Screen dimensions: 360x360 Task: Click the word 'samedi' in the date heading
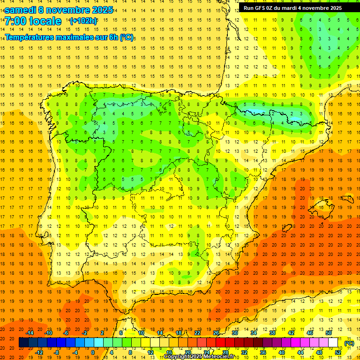pyautogui.click(x=20, y=9)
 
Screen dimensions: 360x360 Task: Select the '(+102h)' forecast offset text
pyautogui.click(x=83, y=21)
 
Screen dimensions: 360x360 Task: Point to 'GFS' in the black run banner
pyautogui.click(x=261, y=8)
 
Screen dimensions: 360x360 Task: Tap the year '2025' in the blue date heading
pyautogui.click(x=102, y=9)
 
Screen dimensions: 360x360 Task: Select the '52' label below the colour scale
pyautogui.click(x=338, y=352)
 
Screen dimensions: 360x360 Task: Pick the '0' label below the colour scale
pyautogui.click(x=93, y=352)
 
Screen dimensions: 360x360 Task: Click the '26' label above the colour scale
pyautogui.click(x=216, y=333)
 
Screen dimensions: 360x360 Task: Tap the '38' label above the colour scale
pyautogui.click(x=272, y=333)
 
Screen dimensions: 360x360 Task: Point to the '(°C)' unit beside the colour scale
pyautogui.click(x=349, y=343)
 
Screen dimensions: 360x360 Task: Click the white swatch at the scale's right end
pyautogui.click(x=333, y=343)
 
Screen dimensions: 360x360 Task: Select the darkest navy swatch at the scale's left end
pyautogui.click(x=23, y=343)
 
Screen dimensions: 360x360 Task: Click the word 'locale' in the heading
pyautogui.click(x=45, y=21)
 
